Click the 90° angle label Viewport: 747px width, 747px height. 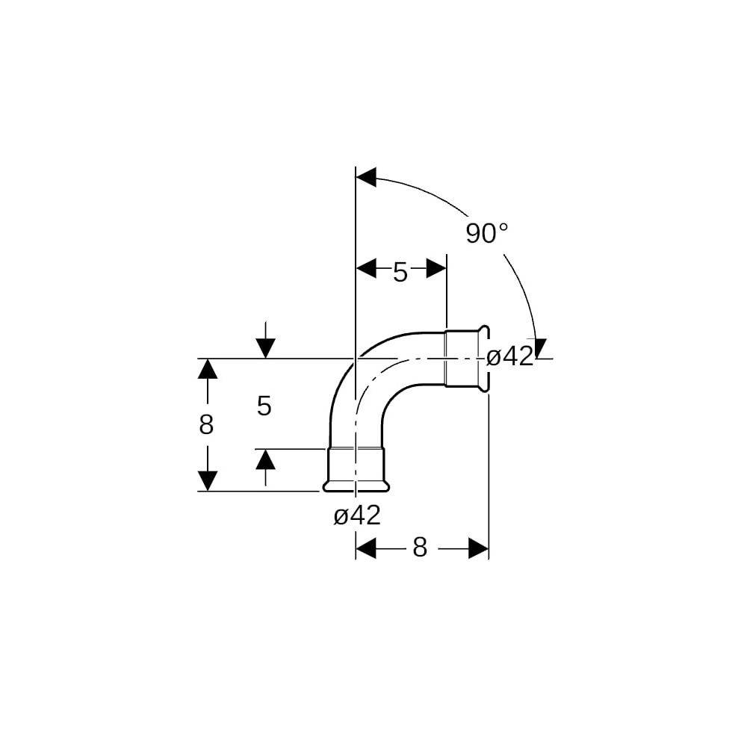tap(487, 233)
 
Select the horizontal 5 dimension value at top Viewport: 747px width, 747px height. tap(400, 272)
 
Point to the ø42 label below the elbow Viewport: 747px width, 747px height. tap(357, 515)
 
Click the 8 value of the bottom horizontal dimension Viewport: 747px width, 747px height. tap(420, 548)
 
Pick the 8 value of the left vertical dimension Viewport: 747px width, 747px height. tap(206, 424)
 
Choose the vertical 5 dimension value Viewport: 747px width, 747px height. tap(264, 406)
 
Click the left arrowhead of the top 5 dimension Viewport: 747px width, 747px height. tap(366, 268)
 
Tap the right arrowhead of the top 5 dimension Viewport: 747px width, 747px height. tap(436, 268)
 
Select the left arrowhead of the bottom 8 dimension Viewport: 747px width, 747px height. tap(366, 548)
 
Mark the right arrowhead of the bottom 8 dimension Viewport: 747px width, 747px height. tap(479, 548)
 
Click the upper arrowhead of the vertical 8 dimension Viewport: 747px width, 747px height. tap(208, 368)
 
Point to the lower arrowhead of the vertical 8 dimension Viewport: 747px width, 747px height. tap(208, 480)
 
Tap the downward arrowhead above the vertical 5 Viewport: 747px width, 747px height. tap(265, 348)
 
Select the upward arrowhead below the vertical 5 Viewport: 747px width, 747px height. tap(265, 459)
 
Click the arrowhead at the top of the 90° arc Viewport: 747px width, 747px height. tap(366, 177)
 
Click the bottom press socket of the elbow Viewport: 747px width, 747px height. tap(356, 469)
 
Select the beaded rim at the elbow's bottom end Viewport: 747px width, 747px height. tap(356, 486)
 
